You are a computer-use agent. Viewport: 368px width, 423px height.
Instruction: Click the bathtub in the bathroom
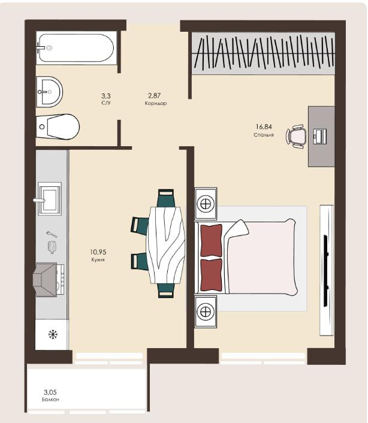[x=76, y=48]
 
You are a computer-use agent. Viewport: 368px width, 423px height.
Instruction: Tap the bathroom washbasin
[x=49, y=92]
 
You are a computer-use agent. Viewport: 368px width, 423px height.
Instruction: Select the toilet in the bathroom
[x=58, y=127]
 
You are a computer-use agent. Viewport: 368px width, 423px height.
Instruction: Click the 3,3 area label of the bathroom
[x=106, y=96]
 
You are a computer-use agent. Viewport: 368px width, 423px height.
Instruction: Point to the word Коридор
[x=156, y=103]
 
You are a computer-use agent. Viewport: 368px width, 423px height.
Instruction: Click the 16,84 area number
[x=264, y=126]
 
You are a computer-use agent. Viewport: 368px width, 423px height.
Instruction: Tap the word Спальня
[x=264, y=135]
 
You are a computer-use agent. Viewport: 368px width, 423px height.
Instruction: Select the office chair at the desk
[x=296, y=136]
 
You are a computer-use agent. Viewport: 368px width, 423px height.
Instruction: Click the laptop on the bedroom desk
[x=319, y=136]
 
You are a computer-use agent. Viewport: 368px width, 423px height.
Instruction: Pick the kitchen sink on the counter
[x=49, y=199]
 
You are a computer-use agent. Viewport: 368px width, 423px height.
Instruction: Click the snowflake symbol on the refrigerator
[x=53, y=335]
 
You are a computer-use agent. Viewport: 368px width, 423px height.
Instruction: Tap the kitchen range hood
[x=45, y=280]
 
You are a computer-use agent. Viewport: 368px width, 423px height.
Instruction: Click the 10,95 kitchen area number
[x=98, y=252]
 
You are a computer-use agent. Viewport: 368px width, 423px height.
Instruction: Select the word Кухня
[x=98, y=260]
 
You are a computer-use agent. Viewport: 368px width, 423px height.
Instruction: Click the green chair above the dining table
[x=166, y=198]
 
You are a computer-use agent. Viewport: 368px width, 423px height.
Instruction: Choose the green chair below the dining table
[x=166, y=290]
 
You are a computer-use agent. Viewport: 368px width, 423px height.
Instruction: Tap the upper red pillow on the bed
[x=211, y=240]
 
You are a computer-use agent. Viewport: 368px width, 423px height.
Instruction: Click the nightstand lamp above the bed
[x=206, y=203]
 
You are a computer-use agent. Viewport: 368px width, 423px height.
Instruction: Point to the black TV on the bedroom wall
[x=326, y=271]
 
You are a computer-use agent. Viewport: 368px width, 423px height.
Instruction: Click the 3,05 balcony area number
[x=50, y=392]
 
